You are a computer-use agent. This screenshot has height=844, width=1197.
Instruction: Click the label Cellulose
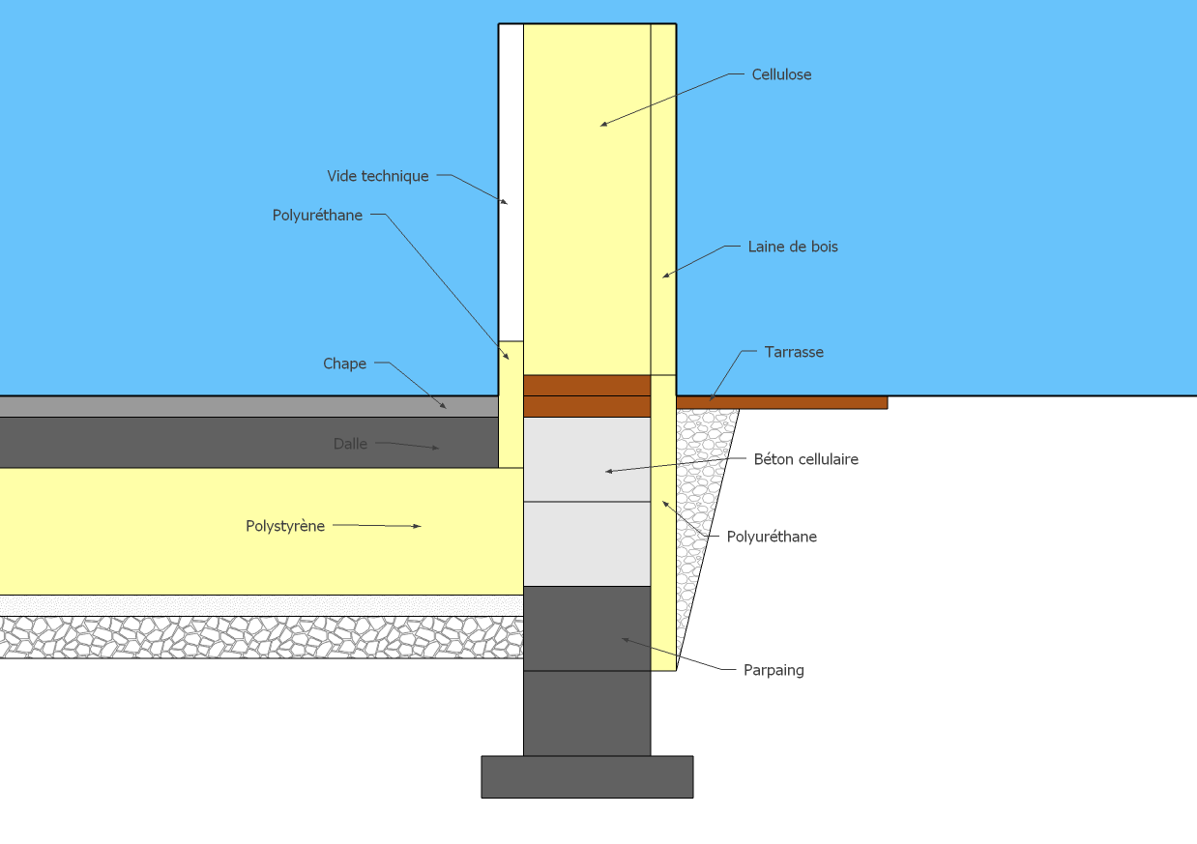[x=781, y=74]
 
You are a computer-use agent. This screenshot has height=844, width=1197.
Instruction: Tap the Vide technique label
[x=377, y=176]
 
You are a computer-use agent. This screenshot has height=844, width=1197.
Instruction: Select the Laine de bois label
[x=793, y=247]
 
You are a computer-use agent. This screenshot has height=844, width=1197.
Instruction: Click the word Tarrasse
[x=794, y=352]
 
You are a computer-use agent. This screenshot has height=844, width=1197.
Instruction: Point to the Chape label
[x=344, y=364]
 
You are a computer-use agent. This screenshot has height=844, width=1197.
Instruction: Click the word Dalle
[x=350, y=444]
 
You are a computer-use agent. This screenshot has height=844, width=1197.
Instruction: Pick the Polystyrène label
[x=285, y=526]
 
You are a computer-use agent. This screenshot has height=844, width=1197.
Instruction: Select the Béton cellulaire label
[x=805, y=459]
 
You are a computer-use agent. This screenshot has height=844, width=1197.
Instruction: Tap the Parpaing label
[x=774, y=670]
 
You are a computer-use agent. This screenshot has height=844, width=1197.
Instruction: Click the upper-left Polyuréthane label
[x=317, y=216]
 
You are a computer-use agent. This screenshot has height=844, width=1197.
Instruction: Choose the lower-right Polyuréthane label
[x=772, y=537]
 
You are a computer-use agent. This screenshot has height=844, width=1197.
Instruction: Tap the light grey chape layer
[x=242, y=406]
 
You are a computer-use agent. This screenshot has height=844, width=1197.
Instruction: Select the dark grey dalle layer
[x=242, y=443]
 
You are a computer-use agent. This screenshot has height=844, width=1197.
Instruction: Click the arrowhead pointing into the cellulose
[x=604, y=124]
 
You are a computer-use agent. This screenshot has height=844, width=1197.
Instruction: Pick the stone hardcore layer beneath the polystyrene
[x=261, y=637]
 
